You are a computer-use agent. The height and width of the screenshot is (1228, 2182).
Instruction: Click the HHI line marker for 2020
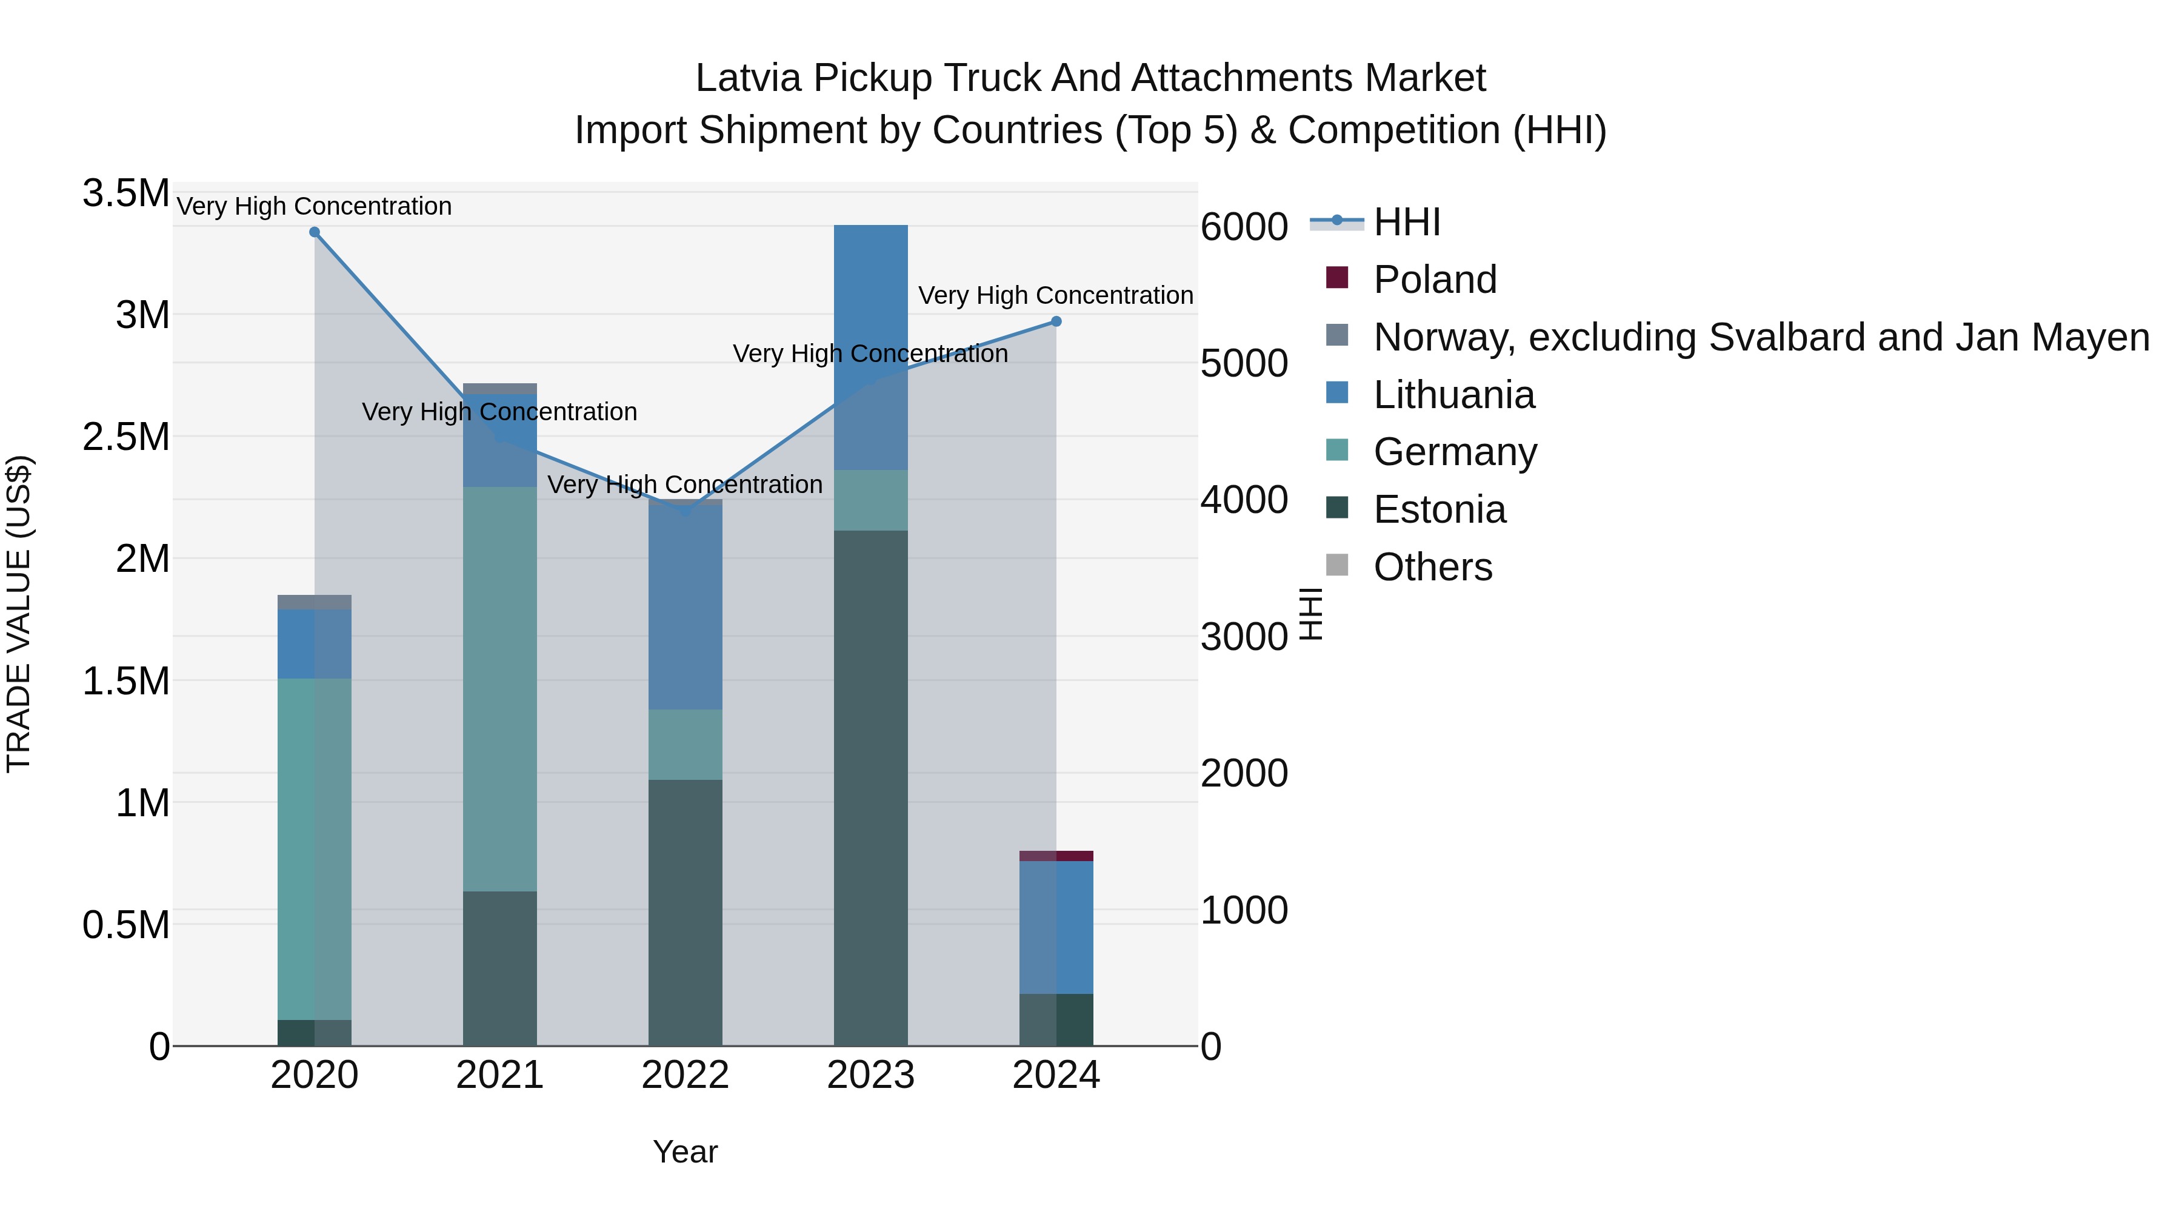314,232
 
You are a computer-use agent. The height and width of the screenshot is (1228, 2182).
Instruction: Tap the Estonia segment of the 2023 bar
871,788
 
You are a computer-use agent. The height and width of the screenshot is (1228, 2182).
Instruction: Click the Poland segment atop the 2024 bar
1056,855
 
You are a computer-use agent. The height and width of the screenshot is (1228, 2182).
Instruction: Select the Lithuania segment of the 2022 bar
686,607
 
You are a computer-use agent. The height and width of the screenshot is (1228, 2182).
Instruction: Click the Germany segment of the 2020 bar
314,848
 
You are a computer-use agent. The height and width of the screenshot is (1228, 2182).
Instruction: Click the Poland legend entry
1434,280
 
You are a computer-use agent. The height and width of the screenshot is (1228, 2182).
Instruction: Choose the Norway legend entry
1760,337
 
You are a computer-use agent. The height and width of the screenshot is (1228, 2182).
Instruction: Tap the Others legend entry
1432,567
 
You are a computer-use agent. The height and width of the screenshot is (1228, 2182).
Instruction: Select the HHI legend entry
1406,222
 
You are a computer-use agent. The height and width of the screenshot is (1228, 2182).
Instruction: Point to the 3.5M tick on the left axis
126,193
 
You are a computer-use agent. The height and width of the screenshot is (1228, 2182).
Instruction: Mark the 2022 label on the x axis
686,1075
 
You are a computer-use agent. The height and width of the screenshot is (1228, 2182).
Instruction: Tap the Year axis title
686,1152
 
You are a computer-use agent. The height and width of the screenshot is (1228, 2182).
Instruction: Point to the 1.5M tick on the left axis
126,680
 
